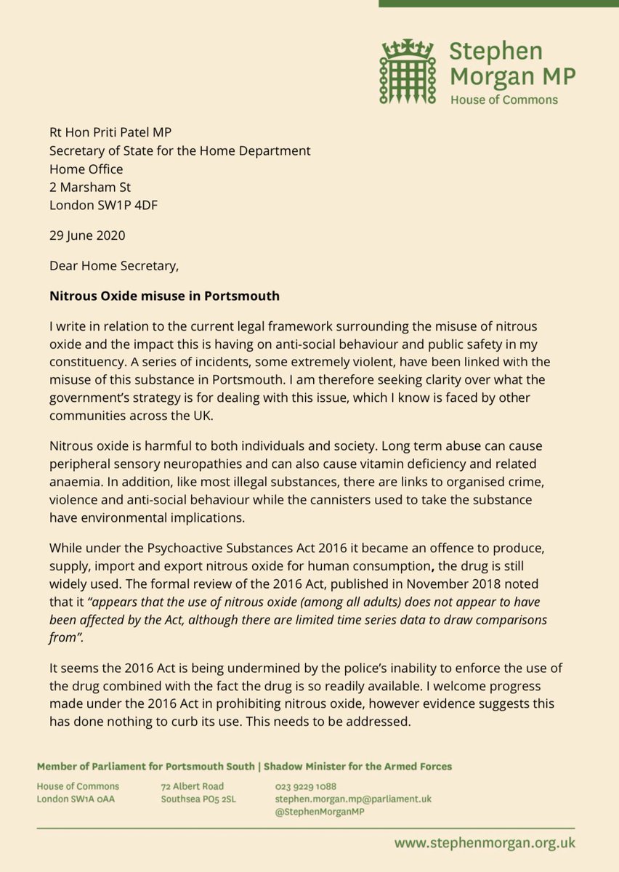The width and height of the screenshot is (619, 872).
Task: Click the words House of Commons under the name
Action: pyautogui.click(x=504, y=99)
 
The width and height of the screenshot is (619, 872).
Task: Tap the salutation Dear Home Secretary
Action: pyautogui.click(x=113, y=266)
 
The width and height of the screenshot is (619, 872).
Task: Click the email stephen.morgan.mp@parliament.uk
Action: pyautogui.click(x=353, y=799)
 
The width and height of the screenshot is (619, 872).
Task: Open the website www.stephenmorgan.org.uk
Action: pyautogui.click(x=485, y=843)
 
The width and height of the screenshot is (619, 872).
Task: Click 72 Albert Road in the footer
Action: pyautogui.click(x=193, y=786)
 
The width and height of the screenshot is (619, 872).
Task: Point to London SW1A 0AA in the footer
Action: pyautogui.click(x=78, y=799)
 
